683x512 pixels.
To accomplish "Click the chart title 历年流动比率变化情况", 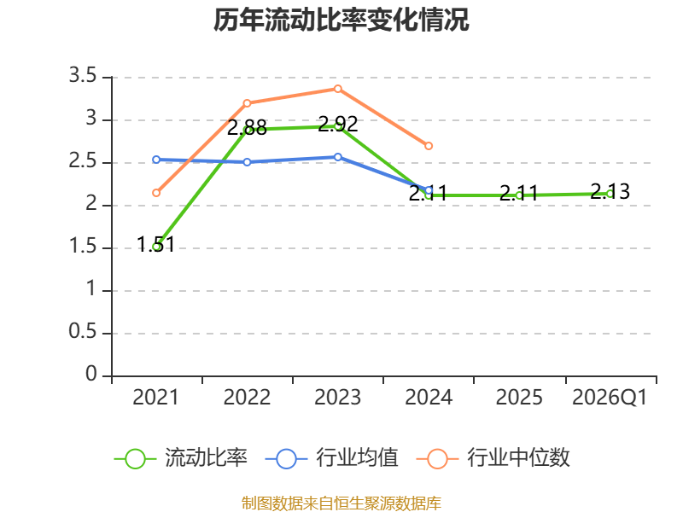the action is pos(341,20).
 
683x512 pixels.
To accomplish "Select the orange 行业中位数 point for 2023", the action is pos(338,89).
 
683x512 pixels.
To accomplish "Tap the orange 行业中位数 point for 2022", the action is pos(247,103).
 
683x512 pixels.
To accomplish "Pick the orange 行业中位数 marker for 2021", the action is pos(156,193).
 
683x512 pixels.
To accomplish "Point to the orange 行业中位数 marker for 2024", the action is pos(429,146).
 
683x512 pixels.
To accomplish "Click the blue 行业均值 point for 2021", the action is pos(156,160).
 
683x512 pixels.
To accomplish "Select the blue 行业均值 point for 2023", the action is pos(338,157).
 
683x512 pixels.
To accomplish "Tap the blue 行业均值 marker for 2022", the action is pos(247,162).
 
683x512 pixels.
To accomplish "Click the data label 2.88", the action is pos(247,128).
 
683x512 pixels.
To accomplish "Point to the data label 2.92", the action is pos(338,125).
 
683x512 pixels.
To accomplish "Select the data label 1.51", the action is pos(156,245).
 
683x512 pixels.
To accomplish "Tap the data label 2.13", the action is pos(610,191).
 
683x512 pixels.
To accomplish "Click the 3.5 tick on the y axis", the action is pos(83,76).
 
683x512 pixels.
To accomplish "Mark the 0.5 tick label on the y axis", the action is pos(83,332).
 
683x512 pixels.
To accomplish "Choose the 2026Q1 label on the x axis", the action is pos(610,398).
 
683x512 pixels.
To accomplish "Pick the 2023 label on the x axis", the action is pos(338,398).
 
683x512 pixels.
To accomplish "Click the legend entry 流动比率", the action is pos(181,458).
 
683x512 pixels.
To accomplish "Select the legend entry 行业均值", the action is pos(331,458).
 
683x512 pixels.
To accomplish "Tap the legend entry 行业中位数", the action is pos(493,458).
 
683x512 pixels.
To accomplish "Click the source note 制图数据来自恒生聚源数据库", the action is pos(341,503).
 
